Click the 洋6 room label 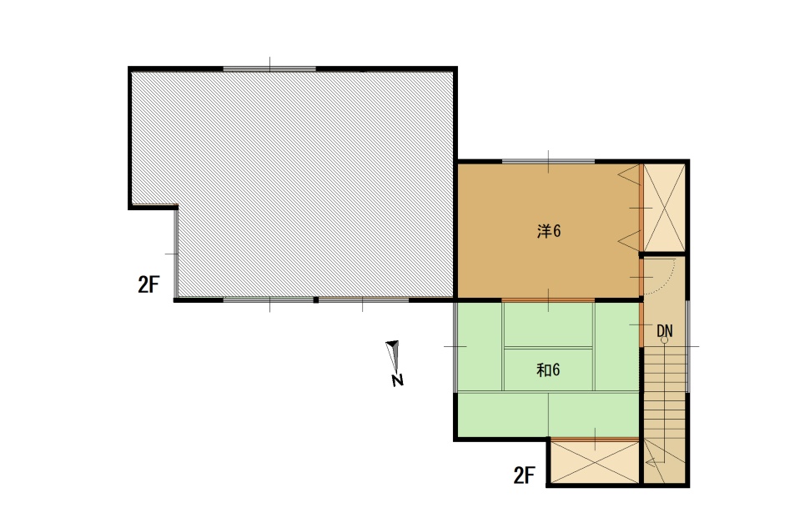click(549, 232)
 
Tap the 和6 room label click(548, 370)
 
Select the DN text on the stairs click(665, 331)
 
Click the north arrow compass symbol click(393, 356)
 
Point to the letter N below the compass click(397, 380)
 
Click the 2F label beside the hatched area click(148, 284)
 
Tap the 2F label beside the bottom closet click(524, 475)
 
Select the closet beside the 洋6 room click(664, 208)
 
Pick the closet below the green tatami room click(595, 461)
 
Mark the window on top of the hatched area click(269, 69)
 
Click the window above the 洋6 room click(548, 162)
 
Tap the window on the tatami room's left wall click(455, 347)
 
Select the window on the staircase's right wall click(687, 347)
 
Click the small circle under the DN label click(664, 340)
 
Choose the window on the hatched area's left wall click(176, 254)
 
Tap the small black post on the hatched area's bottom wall click(316, 300)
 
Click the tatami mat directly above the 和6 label click(548, 324)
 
